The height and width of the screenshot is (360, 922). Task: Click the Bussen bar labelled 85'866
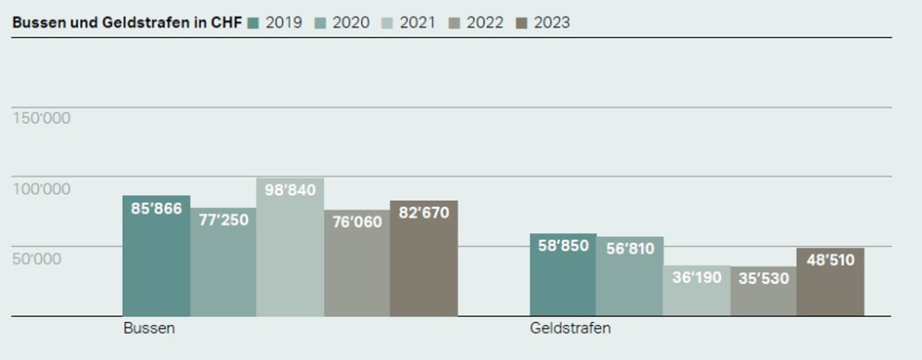point(156,256)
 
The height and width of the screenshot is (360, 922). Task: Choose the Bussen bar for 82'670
point(423,259)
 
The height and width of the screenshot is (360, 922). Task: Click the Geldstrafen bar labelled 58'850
point(563,275)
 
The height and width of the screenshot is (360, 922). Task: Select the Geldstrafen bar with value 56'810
point(629,276)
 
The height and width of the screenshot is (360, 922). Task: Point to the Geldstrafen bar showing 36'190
point(697,291)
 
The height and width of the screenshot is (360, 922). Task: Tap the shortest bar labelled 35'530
point(763,292)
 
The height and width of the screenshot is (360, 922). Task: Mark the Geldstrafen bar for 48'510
point(830,282)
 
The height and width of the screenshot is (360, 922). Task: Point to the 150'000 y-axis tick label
point(41,118)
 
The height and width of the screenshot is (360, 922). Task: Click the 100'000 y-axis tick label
point(41,188)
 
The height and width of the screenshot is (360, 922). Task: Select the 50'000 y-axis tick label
point(37,259)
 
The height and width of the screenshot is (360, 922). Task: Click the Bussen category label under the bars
point(149,329)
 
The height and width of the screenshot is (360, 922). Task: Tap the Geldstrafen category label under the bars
point(571,329)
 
